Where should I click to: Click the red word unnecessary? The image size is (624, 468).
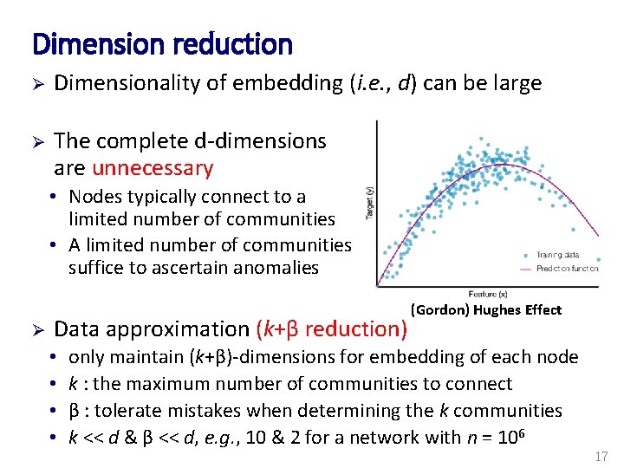(x=153, y=167)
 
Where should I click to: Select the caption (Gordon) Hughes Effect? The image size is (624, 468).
(x=485, y=309)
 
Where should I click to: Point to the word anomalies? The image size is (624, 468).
(x=276, y=268)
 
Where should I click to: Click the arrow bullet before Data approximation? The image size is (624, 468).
(x=37, y=329)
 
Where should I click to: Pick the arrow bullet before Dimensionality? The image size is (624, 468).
(x=37, y=84)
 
